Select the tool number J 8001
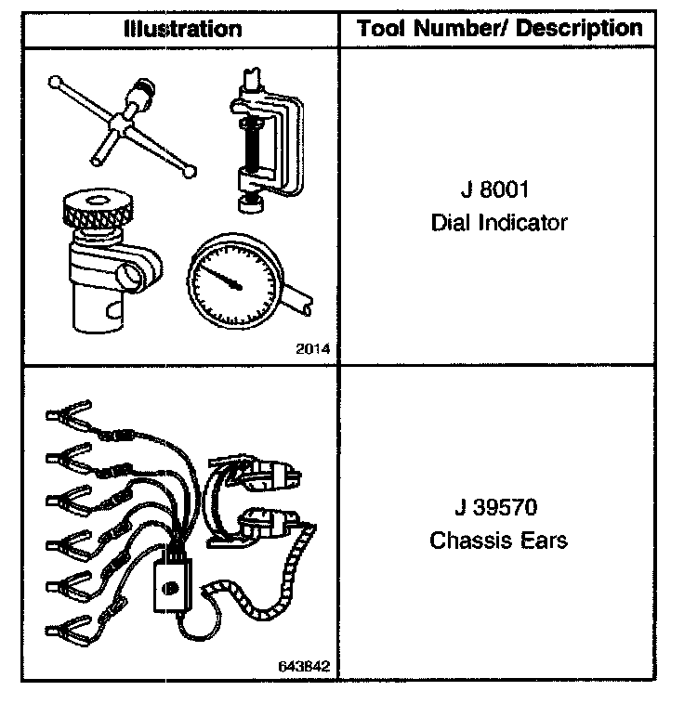point(498,191)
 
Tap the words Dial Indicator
point(498,224)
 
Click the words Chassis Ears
point(498,541)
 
